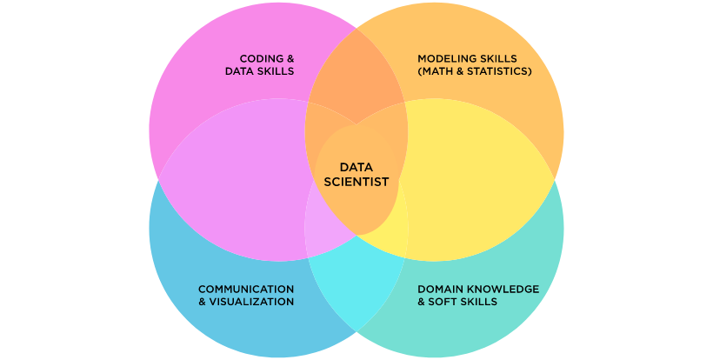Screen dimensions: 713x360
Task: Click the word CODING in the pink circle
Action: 257,58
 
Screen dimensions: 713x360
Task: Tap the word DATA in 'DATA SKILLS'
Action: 239,71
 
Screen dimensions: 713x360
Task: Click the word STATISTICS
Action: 498,71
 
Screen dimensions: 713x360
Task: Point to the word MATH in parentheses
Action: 439,71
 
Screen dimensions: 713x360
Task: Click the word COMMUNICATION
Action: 246,289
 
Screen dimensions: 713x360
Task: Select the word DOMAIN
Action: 438,289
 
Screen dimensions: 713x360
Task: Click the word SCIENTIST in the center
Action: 356,182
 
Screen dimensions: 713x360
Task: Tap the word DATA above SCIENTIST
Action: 356,168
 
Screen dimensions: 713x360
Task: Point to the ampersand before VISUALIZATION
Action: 203,302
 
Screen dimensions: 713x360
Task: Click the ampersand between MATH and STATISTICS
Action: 461,71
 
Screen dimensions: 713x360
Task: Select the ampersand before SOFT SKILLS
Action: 422,302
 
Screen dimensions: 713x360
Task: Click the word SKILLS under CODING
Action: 276,71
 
